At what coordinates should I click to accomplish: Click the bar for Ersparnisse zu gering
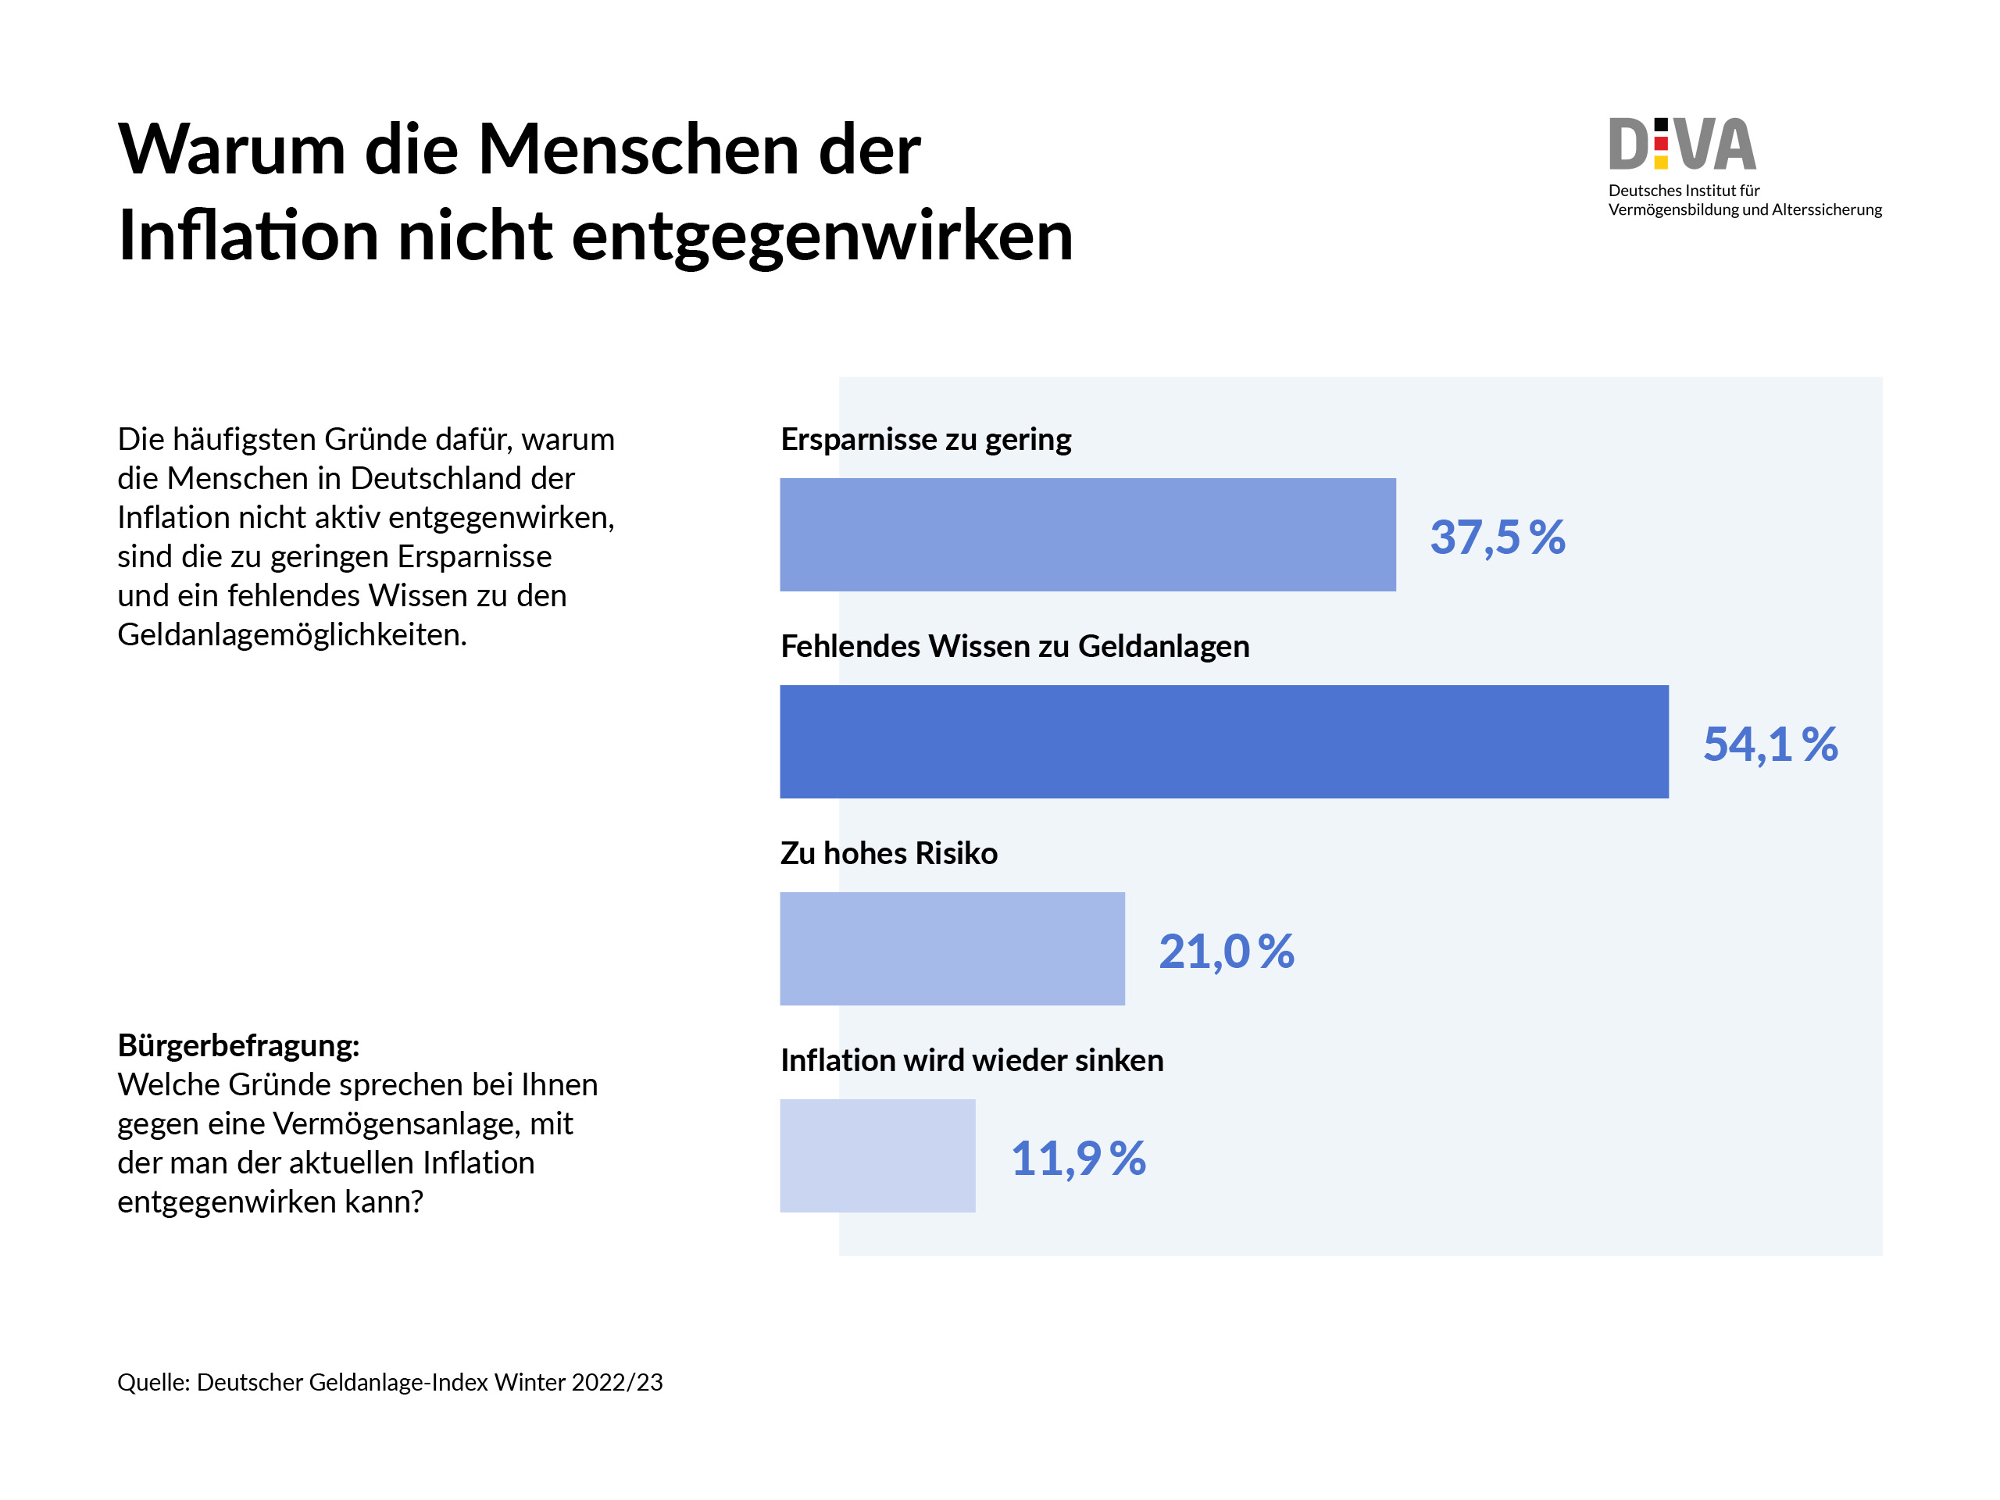coord(1087,534)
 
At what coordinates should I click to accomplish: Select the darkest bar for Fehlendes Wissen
coord(1223,741)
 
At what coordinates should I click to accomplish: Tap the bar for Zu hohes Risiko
coord(952,948)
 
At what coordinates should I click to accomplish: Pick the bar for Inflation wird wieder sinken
coord(877,1155)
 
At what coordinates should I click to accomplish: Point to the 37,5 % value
coord(1498,537)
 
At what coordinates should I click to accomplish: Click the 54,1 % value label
coord(1770,744)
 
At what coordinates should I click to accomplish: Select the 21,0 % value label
coord(1226,952)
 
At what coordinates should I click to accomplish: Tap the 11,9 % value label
coord(1078,1159)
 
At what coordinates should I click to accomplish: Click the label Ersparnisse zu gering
coord(925,439)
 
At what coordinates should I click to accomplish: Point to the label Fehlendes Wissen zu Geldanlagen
coord(1015,646)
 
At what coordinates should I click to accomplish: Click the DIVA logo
coord(1682,145)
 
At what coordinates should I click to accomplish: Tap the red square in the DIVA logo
coord(1661,144)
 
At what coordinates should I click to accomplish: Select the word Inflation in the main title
coord(248,235)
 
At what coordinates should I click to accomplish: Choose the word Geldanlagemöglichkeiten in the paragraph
coord(292,634)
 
